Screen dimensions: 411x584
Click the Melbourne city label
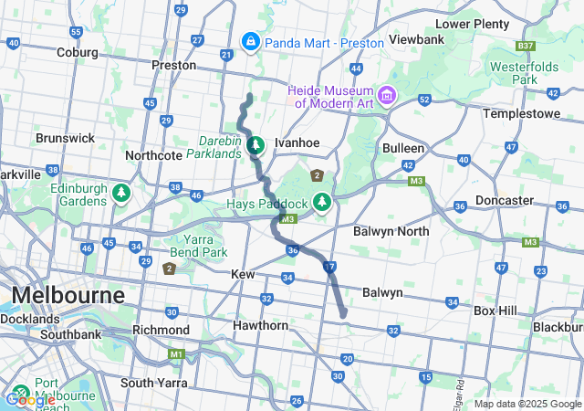tap(68, 297)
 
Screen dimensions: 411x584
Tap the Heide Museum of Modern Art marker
tap(388, 95)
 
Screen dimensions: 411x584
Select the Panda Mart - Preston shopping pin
tap(250, 42)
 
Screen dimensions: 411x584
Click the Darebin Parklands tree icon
tap(256, 144)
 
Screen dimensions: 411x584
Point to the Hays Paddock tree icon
tap(321, 201)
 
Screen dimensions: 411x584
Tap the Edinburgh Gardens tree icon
tap(120, 194)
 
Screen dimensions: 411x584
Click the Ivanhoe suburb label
tap(297, 142)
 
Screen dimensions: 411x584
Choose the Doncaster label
tap(505, 200)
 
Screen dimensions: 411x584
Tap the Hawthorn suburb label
tap(261, 325)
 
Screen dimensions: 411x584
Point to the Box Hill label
tap(495, 311)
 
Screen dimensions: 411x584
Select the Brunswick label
tap(65, 138)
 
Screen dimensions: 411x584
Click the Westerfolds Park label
tap(525, 73)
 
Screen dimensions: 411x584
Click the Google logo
tap(30, 399)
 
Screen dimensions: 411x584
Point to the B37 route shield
tap(524, 45)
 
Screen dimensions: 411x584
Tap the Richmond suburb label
tap(161, 329)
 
